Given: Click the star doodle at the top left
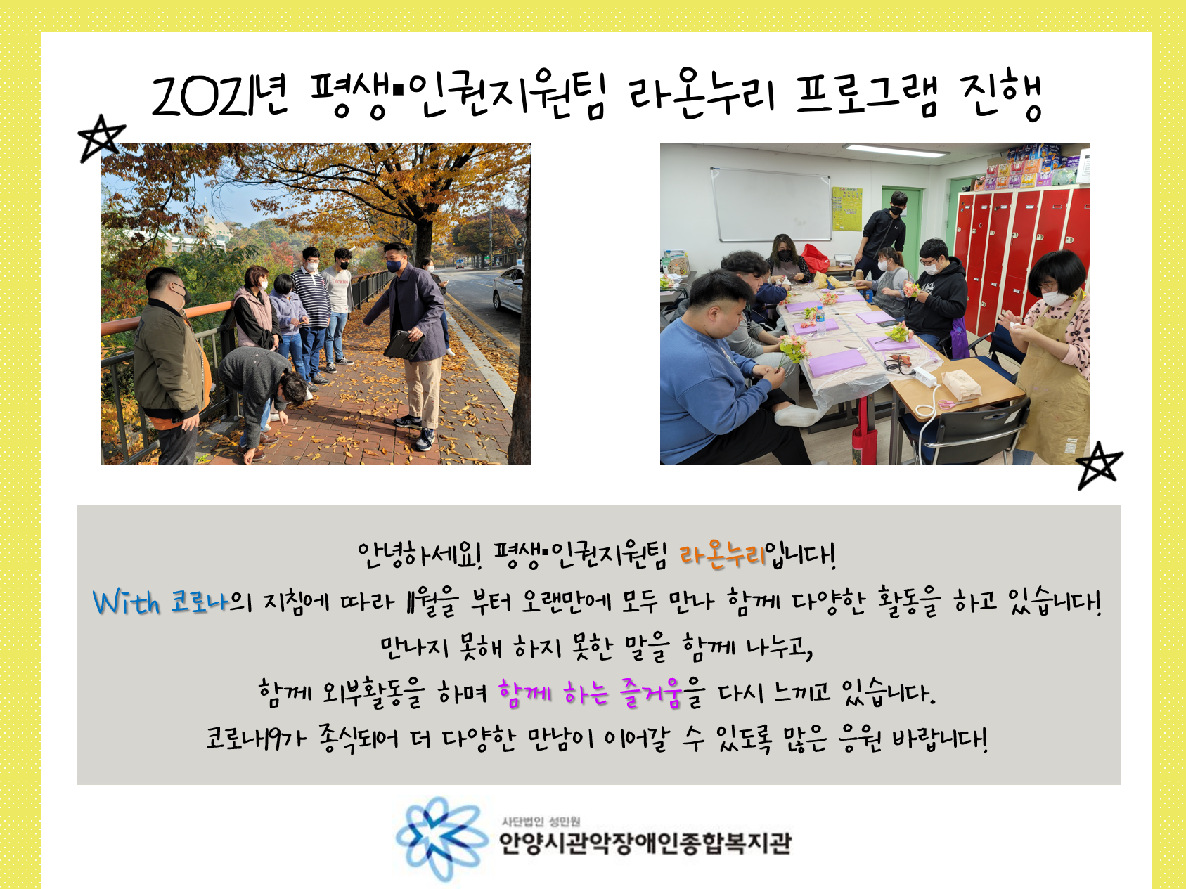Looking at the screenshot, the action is (101, 138).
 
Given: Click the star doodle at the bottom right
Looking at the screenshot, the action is (1100, 465).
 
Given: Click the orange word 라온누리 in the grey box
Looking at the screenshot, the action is (722, 554).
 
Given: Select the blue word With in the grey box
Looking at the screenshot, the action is (127, 602).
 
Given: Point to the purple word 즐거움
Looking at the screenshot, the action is (651, 693).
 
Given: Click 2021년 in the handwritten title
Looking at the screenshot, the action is (220, 96).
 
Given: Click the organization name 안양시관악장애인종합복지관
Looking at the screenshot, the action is (645, 843).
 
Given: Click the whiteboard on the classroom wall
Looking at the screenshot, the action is (771, 205).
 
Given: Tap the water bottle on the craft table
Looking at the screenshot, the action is (820, 320).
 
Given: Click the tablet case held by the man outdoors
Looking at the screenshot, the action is (402, 345).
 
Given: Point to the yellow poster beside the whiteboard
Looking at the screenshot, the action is (847, 209).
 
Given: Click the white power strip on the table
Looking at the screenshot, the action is (924, 376).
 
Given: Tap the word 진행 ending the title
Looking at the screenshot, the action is (1001, 96).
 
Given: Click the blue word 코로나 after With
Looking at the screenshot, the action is (200, 602).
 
